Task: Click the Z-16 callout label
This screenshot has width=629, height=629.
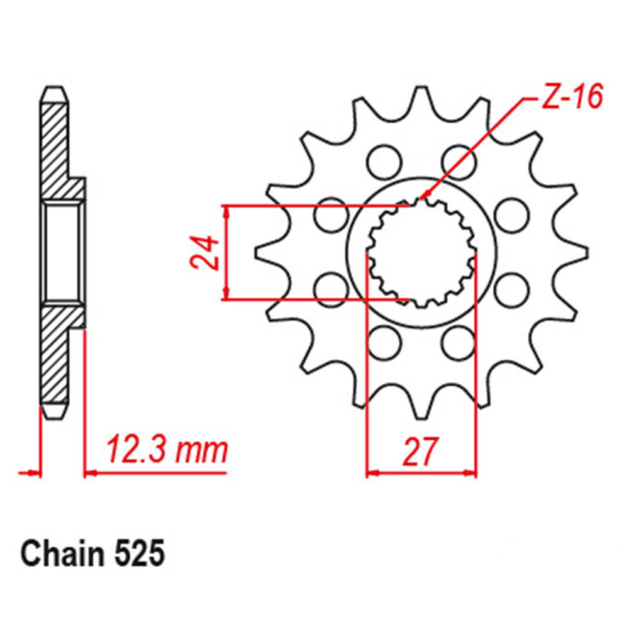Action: point(572,97)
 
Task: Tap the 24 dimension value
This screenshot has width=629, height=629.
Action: point(204,252)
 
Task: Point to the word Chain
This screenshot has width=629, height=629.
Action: point(62,554)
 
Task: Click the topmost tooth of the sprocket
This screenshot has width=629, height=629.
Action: point(421,100)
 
